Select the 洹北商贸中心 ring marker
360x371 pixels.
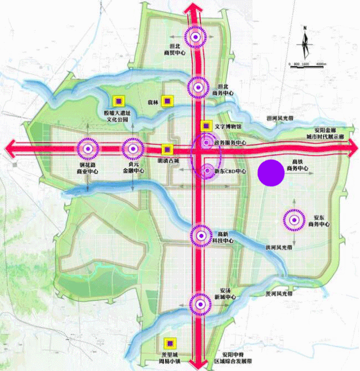195,37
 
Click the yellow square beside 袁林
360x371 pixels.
167,101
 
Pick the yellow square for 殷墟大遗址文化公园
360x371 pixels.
118,101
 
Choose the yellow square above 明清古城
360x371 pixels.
167,149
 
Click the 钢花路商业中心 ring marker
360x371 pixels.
87,149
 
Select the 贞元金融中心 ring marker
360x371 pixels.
132,149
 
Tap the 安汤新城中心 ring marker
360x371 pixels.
198,303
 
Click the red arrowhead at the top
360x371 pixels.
195,8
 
